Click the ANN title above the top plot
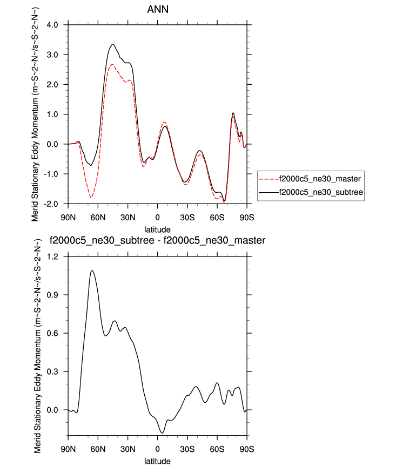point(157,10)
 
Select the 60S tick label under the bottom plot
point(217,449)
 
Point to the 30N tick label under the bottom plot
point(128,449)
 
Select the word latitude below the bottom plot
point(157,461)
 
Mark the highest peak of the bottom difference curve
point(92,270)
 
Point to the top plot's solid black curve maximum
point(113,44)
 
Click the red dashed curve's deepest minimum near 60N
point(91,198)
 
